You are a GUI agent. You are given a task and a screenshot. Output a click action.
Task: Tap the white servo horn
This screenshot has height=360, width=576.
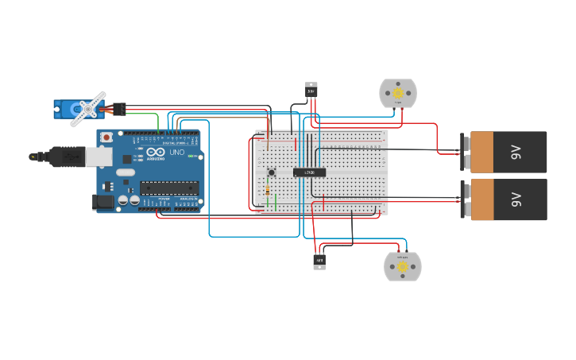pyautogui.click(x=88, y=109)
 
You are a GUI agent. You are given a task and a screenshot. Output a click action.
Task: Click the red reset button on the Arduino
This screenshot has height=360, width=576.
pyautogui.click(x=106, y=137)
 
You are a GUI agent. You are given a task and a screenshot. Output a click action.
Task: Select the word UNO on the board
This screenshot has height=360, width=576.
pyautogui.click(x=176, y=152)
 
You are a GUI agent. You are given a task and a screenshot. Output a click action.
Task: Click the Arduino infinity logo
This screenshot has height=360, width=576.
pyautogui.click(x=155, y=152)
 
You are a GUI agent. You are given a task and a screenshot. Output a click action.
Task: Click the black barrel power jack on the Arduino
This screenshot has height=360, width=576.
pyautogui.click(x=104, y=203)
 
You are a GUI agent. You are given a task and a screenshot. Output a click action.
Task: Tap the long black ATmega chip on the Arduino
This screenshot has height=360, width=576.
pyautogui.click(x=169, y=188)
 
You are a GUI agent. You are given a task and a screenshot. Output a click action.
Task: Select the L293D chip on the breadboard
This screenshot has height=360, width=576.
pyautogui.click(x=309, y=172)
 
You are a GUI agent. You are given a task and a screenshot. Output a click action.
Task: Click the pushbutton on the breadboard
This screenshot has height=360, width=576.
pyautogui.click(x=271, y=172)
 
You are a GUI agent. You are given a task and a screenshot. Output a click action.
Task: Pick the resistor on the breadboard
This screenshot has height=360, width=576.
pyautogui.click(x=268, y=191)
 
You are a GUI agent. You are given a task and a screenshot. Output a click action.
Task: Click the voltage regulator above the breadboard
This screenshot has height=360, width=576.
pyautogui.click(x=311, y=90)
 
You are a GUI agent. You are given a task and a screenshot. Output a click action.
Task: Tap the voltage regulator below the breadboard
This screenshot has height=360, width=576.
pyautogui.click(x=319, y=261)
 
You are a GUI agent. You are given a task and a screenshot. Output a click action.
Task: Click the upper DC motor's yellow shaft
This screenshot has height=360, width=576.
pyautogui.click(x=398, y=93)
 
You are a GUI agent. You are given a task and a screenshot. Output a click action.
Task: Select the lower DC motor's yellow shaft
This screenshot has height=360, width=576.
pyautogui.click(x=403, y=267)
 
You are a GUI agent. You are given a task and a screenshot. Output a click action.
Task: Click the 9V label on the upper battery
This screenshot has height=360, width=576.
pyautogui.click(x=516, y=152)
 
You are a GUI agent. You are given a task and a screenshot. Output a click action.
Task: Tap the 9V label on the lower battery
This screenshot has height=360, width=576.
pyautogui.click(x=516, y=199)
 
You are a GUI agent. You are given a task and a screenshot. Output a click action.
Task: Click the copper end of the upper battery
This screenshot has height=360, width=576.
pyautogui.click(x=481, y=152)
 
